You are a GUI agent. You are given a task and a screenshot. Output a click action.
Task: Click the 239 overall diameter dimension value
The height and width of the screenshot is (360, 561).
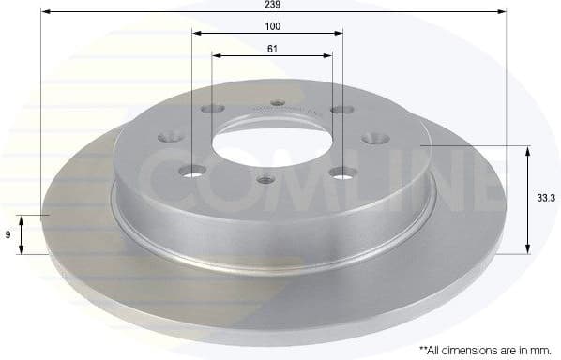click(x=273, y=5)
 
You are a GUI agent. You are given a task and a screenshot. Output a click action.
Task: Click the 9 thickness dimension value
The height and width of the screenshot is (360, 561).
click(x=8, y=235)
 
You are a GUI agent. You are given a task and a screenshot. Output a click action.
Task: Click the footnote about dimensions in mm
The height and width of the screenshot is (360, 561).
click(x=487, y=349)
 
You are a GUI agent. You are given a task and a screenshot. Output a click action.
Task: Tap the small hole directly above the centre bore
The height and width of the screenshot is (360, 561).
click(x=276, y=103)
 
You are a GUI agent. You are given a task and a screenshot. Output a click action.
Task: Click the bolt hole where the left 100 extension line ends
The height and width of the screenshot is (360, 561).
click(x=194, y=171)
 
